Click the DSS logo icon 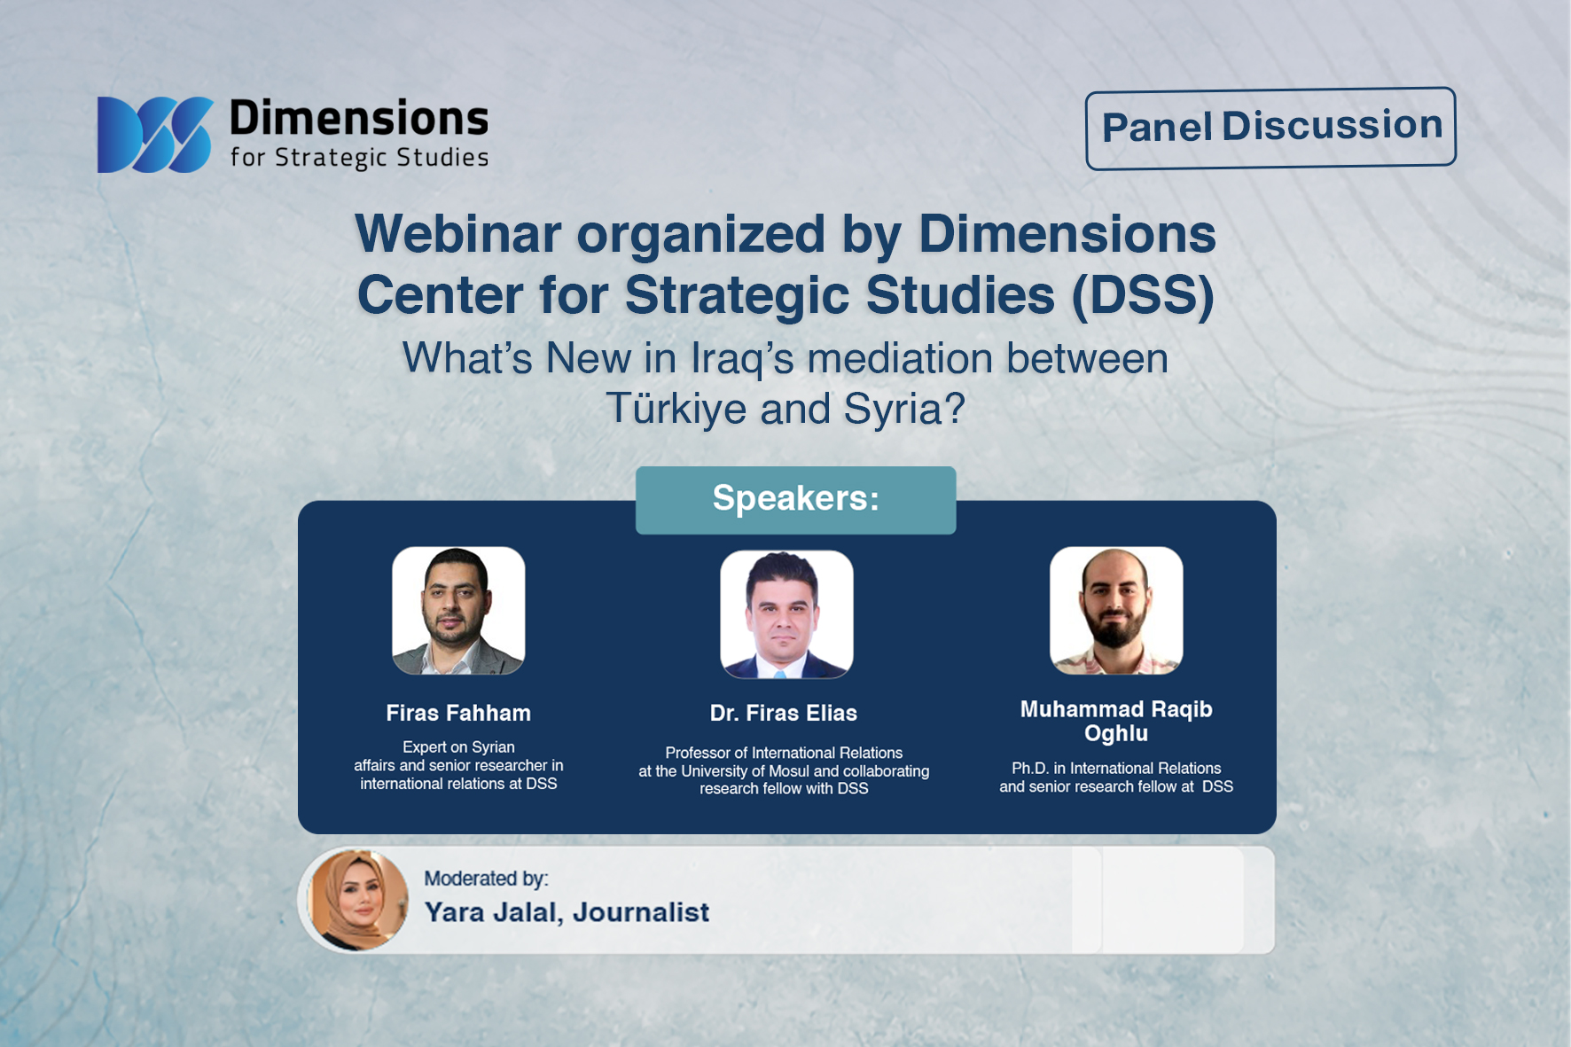(155, 134)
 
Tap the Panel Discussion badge (1270, 128)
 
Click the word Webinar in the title (458, 234)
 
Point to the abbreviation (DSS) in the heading (1143, 294)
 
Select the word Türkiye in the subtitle (675, 409)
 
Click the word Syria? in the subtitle (904, 409)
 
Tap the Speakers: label (795, 499)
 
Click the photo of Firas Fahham (458, 611)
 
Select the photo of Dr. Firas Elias (786, 614)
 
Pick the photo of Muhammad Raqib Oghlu (1116, 611)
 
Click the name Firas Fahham (458, 713)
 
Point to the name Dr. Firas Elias (784, 713)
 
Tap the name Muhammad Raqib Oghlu (1116, 721)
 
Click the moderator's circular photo (357, 900)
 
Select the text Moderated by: (486, 879)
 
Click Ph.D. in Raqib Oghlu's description (1030, 769)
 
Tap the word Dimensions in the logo (359, 119)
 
